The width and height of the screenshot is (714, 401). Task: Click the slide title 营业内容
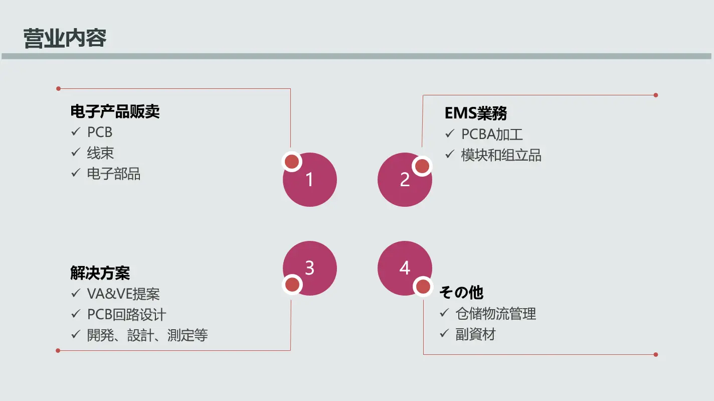click(x=65, y=39)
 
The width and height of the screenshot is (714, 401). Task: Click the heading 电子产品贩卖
click(x=115, y=111)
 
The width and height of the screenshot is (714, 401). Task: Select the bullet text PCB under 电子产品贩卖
click(x=99, y=132)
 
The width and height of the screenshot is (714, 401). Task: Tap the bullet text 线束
click(x=100, y=153)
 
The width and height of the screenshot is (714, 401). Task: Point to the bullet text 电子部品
click(x=113, y=174)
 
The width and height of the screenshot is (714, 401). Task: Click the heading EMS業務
click(x=475, y=113)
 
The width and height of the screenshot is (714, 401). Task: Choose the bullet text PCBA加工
click(x=492, y=135)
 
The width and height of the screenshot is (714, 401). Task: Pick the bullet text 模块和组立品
click(x=501, y=155)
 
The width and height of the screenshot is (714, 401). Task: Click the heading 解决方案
click(x=100, y=274)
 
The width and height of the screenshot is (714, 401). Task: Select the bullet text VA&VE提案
click(x=123, y=294)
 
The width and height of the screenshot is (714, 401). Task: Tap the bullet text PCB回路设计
click(x=126, y=315)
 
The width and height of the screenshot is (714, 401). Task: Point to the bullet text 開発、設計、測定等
click(x=147, y=335)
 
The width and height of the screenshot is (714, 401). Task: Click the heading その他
click(x=461, y=292)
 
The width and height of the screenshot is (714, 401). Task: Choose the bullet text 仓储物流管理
click(x=495, y=314)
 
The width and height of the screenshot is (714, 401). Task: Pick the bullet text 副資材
click(x=475, y=334)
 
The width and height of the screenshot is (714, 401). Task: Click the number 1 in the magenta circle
click(x=309, y=180)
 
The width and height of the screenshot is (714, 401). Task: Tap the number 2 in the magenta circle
click(x=405, y=180)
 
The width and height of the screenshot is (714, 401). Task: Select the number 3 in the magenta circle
click(x=309, y=268)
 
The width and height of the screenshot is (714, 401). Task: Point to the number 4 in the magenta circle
click(x=405, y=268)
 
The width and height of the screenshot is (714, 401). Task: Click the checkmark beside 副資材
click(x=444, y=333)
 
